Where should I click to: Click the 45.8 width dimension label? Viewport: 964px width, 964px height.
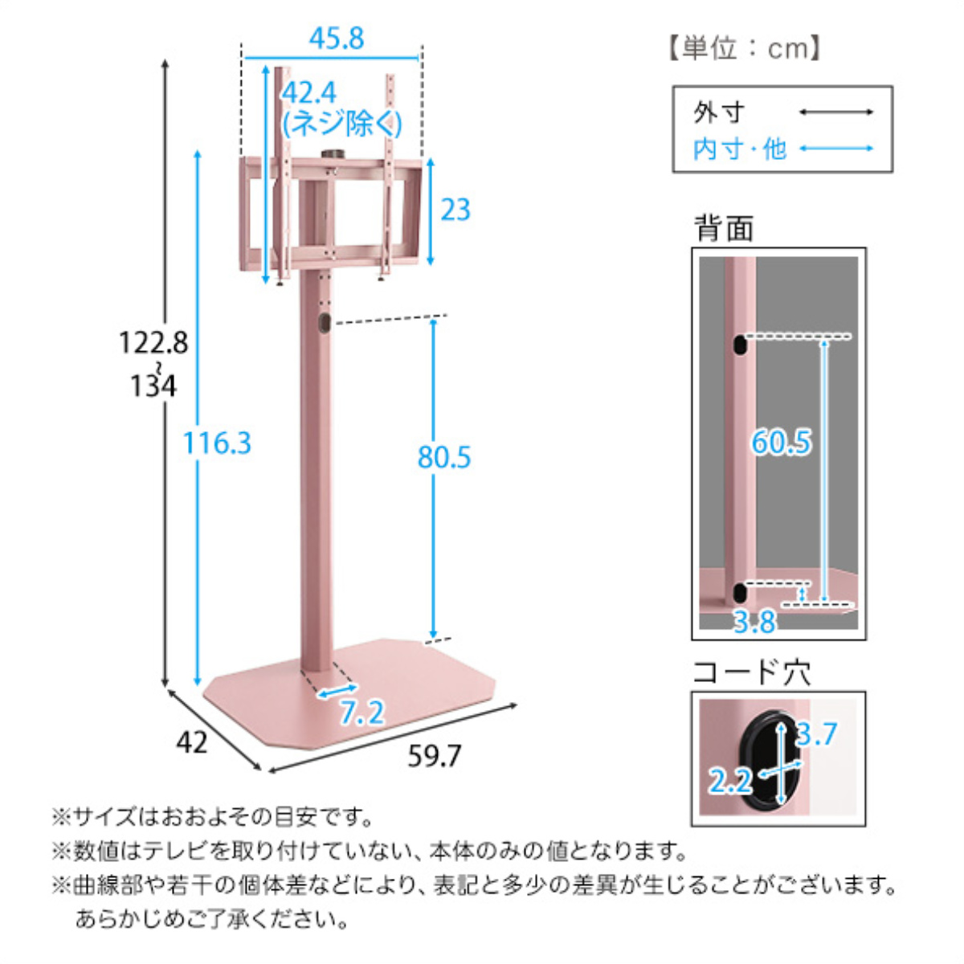click(337, 39)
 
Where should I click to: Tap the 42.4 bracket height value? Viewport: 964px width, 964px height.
click(309, 93)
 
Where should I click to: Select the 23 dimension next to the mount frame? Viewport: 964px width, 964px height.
click(455, 210)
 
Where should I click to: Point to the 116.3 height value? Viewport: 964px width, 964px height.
click(217, 443)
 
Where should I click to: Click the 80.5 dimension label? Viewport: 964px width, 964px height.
click(444, 457)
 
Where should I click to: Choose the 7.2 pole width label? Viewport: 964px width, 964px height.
click(361, 713)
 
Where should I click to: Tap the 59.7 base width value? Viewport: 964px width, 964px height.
click(435, 756)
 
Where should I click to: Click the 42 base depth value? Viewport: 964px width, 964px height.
click(191, 742)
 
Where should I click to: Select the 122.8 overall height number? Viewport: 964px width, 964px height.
click(153, 343)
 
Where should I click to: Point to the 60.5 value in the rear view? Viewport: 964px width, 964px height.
click(781, 443)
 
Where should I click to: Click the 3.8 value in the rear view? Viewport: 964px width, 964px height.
click(754, 621)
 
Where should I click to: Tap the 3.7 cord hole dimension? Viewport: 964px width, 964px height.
click(817, 734)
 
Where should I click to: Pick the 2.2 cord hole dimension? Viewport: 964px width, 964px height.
click(729, 781)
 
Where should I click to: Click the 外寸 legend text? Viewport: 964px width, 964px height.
click(719, 112)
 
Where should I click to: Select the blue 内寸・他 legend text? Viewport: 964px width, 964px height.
click(739, 149)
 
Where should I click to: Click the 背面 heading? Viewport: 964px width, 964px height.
click(724, 229)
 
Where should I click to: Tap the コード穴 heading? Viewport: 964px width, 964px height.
click(751, 672)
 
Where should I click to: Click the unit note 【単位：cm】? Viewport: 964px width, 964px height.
click(743, 49)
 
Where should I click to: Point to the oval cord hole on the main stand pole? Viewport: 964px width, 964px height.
click(323, 323)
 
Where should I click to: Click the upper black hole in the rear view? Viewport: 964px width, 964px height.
click(738, 345)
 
